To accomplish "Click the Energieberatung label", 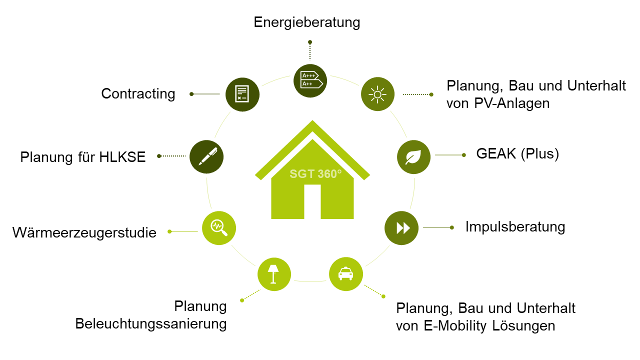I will pyautogui.click(x=307, y=22).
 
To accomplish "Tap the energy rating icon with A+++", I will pyautogui.click(x=310, y=80).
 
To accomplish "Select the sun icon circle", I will pyautogui.click(x=377, y=94).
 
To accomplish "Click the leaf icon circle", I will pyautogui.click(x=413, y=157).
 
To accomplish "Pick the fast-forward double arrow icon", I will pyautogui.click(x=401, y=228).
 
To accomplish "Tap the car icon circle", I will pyautogui.click(x=345, y=273).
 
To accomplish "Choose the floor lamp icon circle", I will pyautogui.click(x=274, y=274).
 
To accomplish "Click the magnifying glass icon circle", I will pyautogui.click(x=218, y=228).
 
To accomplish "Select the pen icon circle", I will pyautogui.click(x=206, y=156).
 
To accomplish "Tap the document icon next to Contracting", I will pyautogui.click(x=242, y=94).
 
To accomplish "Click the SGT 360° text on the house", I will pyautogui.click(x=315, y=174).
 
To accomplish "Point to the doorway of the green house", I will pyautogui.click(x=312, y=201).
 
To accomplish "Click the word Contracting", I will pyautogui.click(x=138, y=94).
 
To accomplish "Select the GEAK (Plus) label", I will pyautogui.click(x=517, y=153).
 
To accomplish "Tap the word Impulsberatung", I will pyautogui.click(x=515, y=227).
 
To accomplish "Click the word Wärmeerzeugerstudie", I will pyautogui.click(x=84, y=232).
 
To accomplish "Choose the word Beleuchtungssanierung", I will pyautogui.click(x=151, y=324).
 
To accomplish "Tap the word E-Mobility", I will pyautogui.click(x=448, y=326).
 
